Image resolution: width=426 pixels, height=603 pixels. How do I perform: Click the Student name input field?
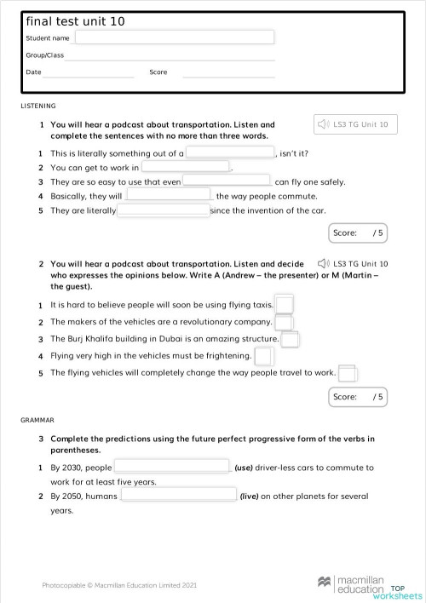click(x=175, y=37)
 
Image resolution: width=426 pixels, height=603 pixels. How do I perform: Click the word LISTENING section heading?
click(x=38, y=106)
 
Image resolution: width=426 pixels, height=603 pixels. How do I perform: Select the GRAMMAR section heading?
click(x=37, y=420)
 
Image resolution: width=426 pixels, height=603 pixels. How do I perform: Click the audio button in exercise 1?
click(x=354, y=124)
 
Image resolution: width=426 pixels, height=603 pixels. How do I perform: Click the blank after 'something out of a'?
click(x=230, y=153)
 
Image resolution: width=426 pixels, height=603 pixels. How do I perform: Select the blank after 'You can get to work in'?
click(x=186, y=168)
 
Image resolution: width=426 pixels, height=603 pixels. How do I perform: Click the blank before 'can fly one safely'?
click(x=227, y=181)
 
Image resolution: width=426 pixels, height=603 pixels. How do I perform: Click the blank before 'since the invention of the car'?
click(x=162, y=210)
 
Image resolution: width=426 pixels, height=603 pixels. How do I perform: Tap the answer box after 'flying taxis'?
click(x=285, y=304)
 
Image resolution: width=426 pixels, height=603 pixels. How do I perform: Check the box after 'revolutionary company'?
click(x=284, y=321)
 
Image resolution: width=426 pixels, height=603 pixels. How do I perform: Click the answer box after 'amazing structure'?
click(x=291, y=339)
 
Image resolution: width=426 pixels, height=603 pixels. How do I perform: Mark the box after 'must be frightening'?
click(x=264, y=356)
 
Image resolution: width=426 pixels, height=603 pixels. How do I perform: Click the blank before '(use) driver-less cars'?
click(x=172, y=467)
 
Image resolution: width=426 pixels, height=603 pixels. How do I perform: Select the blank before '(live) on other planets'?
click(x=178, y=495)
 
